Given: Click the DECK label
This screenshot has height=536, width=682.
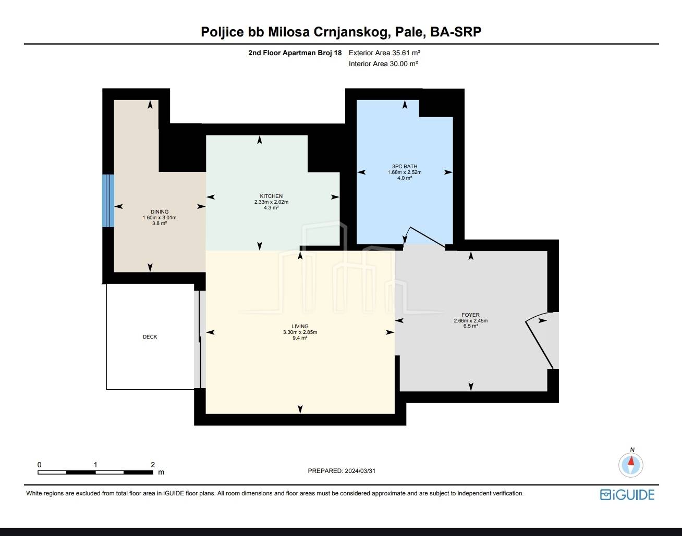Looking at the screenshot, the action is (150, 337).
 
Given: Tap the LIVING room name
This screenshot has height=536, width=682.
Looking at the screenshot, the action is (300, 327).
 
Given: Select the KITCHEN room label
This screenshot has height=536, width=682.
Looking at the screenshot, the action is (271, 196).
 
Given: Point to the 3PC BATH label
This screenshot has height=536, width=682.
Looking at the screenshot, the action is (405, 167).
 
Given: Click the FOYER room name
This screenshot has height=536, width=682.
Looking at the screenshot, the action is (471, 315).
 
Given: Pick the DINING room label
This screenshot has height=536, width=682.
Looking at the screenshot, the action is (160, 212).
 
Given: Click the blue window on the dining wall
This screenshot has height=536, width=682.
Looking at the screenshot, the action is (108, 201).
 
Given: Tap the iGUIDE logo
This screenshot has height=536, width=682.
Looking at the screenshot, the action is (627, 494).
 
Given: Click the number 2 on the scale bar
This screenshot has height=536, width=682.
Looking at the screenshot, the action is (153, 465).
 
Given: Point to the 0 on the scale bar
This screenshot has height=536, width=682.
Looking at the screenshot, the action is (39, 465).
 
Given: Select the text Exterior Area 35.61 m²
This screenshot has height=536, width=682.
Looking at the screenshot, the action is (384, 53).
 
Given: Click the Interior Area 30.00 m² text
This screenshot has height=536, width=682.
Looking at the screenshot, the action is (383, 64).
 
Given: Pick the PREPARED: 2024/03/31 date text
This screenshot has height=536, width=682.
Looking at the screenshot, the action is (342, 471).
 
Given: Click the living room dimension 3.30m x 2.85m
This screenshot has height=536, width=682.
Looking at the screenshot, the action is (300, 332).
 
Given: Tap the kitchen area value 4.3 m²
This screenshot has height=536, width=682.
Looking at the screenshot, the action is (271, 208).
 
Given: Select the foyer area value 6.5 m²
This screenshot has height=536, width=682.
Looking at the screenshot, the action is (471, 326).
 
